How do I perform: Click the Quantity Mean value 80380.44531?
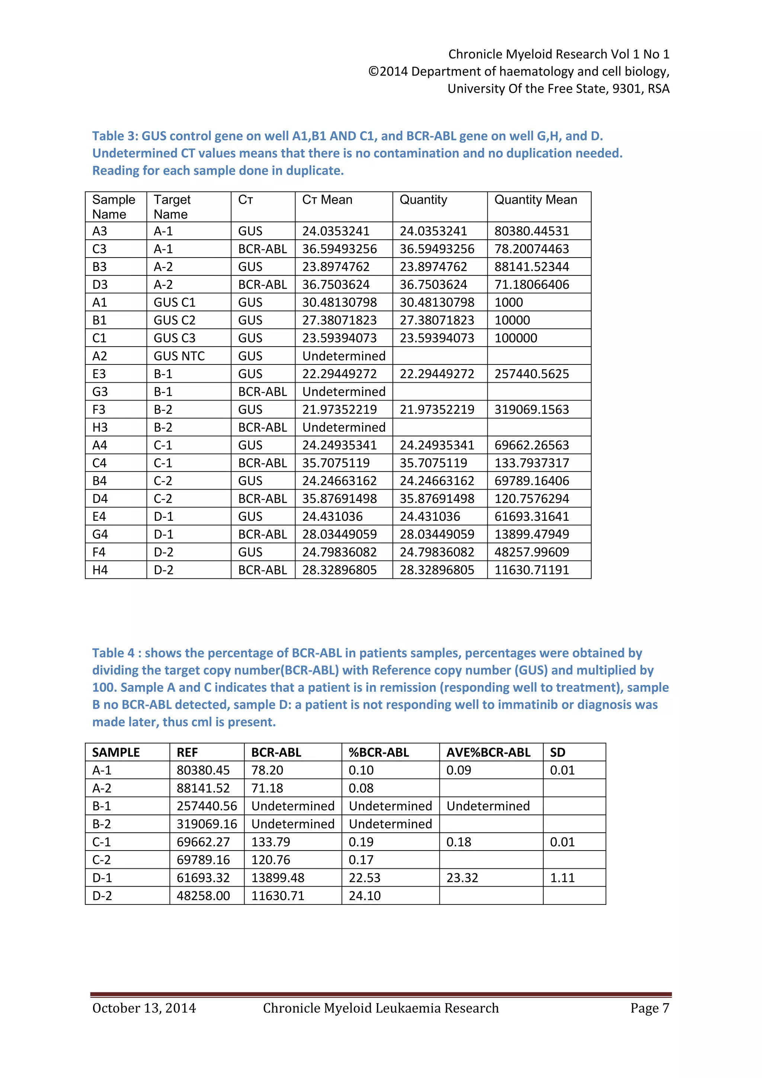[x=531, y=231]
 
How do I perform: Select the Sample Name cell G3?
[x=100, y=392]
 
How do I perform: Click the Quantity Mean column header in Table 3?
[x=535, y=200]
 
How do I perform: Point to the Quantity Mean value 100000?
[x=516, y=338]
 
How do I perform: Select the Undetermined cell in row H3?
[x=343, y=427]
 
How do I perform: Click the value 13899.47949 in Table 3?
[x=531, y=534]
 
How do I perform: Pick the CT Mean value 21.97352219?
[x=339, y=409]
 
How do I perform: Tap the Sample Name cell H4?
[x=100, y=570]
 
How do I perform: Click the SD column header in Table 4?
[x=557, y=752]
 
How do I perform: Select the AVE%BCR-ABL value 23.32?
[x=462, y=877]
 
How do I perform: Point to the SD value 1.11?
[x=562, y=877]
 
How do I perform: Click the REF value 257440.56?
[x=206, y=806]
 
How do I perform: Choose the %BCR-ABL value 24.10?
[x=364, y=895]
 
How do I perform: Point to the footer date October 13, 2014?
[x=144, y=1008]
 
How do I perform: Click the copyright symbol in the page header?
[x=373, y=71]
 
